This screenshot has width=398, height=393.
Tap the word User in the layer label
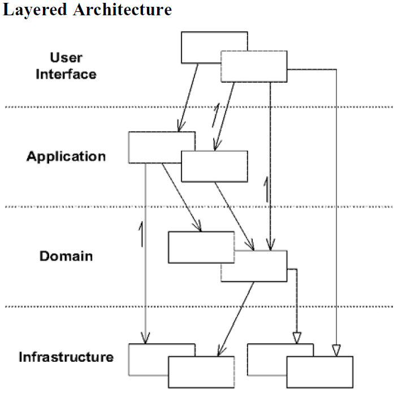pyautogui.click(x=66, y=57)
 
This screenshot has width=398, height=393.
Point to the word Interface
pyautogui.click(x=66, y=74)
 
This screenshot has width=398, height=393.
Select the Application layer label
pyautogui.click(x=66, y=156)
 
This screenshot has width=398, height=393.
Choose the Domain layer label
pyautogui.click(x=66, y=256)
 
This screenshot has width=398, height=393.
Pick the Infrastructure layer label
pyautogui.click(x=66, y=357)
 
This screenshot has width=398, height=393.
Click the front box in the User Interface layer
pyautogui.click(x=254, y=66)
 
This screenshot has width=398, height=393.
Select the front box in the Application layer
pyautogui.click(x=214, y=166)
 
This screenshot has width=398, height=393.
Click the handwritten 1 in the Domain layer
pyautogui.click(x=141, y=234)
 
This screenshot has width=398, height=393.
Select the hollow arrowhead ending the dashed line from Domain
pyautogui.click(x=296, y=338)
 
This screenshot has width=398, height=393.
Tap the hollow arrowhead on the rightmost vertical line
pyautogui.click(x=336, y=351)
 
